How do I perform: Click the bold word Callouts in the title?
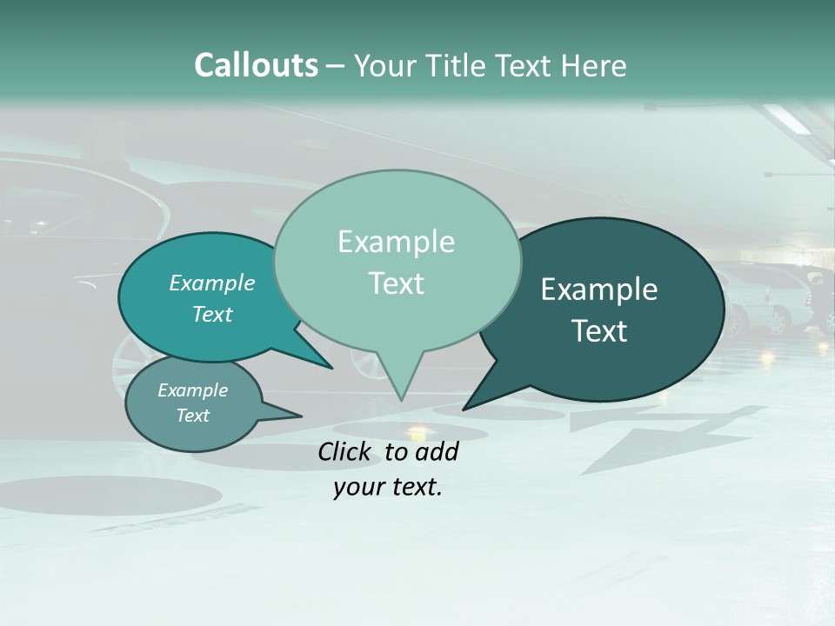(x=256, y=66)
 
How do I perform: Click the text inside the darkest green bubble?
(x=599, y=310)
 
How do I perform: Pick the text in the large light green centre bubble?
(x=396, y=263)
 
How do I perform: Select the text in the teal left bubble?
(x=211, y=298)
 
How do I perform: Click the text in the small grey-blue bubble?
(x=192, y=403)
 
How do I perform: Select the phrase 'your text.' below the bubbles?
(x=388, y=488)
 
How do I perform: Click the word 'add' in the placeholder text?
(x=436, y=452)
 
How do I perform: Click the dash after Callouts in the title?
(x=337, y=66)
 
